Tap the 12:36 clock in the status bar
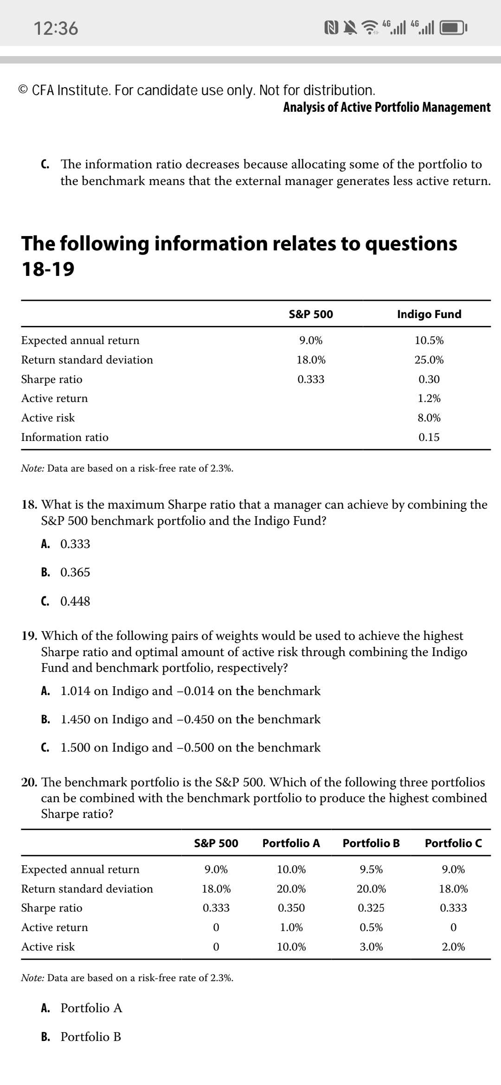[x=56, y=28]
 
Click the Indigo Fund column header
[x=429, y=314]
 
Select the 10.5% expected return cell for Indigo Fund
[x=429, y=340]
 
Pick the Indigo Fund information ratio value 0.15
[x=429, y=437]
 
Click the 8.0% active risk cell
[x=429, y=418]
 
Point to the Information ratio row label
[x=65, y=437]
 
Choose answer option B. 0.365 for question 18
[x=66, y=572]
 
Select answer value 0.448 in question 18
[x=75, y=601]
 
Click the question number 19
[x=30, y=636]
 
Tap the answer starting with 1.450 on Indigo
[x=190, y=719]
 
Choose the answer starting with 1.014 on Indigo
[x=190, y=691]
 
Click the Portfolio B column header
[x=371, y=843]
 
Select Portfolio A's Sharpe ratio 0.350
[x=291, y=908]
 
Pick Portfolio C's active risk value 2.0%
[x=453, y=947]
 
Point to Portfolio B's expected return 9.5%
[x=371, y=869]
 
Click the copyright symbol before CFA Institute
[x=24, y=90]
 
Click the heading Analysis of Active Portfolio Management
[x=387, y=107]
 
